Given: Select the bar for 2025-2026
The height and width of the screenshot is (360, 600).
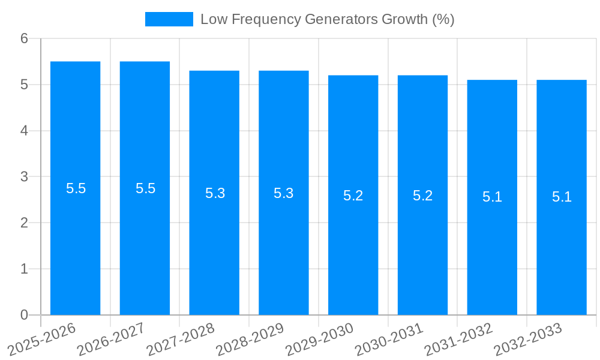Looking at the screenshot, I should tap(75, 240).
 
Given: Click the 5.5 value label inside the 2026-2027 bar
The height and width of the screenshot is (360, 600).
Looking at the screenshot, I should tap(145, 188).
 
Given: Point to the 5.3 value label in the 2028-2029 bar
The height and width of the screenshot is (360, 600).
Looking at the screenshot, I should tap(283, 193).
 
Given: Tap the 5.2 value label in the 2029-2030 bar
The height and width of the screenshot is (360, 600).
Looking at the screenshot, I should tap(353, 196).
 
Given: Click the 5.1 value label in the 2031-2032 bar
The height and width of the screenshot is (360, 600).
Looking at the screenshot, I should tap(492, 197).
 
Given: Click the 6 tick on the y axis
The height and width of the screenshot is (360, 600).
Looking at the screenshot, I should tap(24, 38).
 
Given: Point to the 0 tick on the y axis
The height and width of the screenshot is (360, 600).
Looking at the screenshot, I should tap(24, 315).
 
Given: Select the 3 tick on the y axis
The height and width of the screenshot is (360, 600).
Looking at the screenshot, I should tap(24, 177).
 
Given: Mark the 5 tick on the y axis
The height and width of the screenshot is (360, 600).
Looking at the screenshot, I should tap(24, 85).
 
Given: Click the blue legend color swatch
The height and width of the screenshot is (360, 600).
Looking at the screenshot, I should tap(169, 19).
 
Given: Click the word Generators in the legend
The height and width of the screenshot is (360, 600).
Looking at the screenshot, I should tap(341, 19).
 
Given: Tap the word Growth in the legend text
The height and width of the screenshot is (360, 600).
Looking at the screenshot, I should tap(406, 19).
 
